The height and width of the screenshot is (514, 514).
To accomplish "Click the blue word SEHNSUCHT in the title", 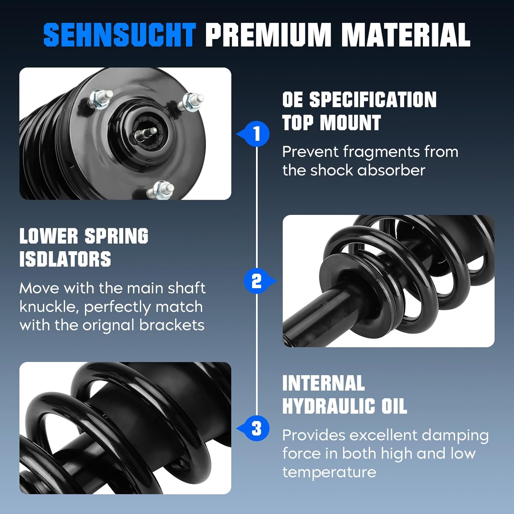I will click(119, 35).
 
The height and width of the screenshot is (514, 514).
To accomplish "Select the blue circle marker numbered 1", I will click(257, 134).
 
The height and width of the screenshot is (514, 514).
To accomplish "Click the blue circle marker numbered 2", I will click(256, 281).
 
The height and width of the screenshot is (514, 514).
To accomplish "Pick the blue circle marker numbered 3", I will click(257, 428).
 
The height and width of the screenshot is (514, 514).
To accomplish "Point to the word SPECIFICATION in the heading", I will click(373, 100).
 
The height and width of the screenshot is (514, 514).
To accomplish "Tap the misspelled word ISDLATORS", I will click(65, 259).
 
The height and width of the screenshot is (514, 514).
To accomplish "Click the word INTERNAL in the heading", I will click(323, 383).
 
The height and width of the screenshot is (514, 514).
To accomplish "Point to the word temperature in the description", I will click(329, 472).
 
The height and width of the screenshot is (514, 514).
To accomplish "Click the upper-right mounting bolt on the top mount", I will click(191, 101).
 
